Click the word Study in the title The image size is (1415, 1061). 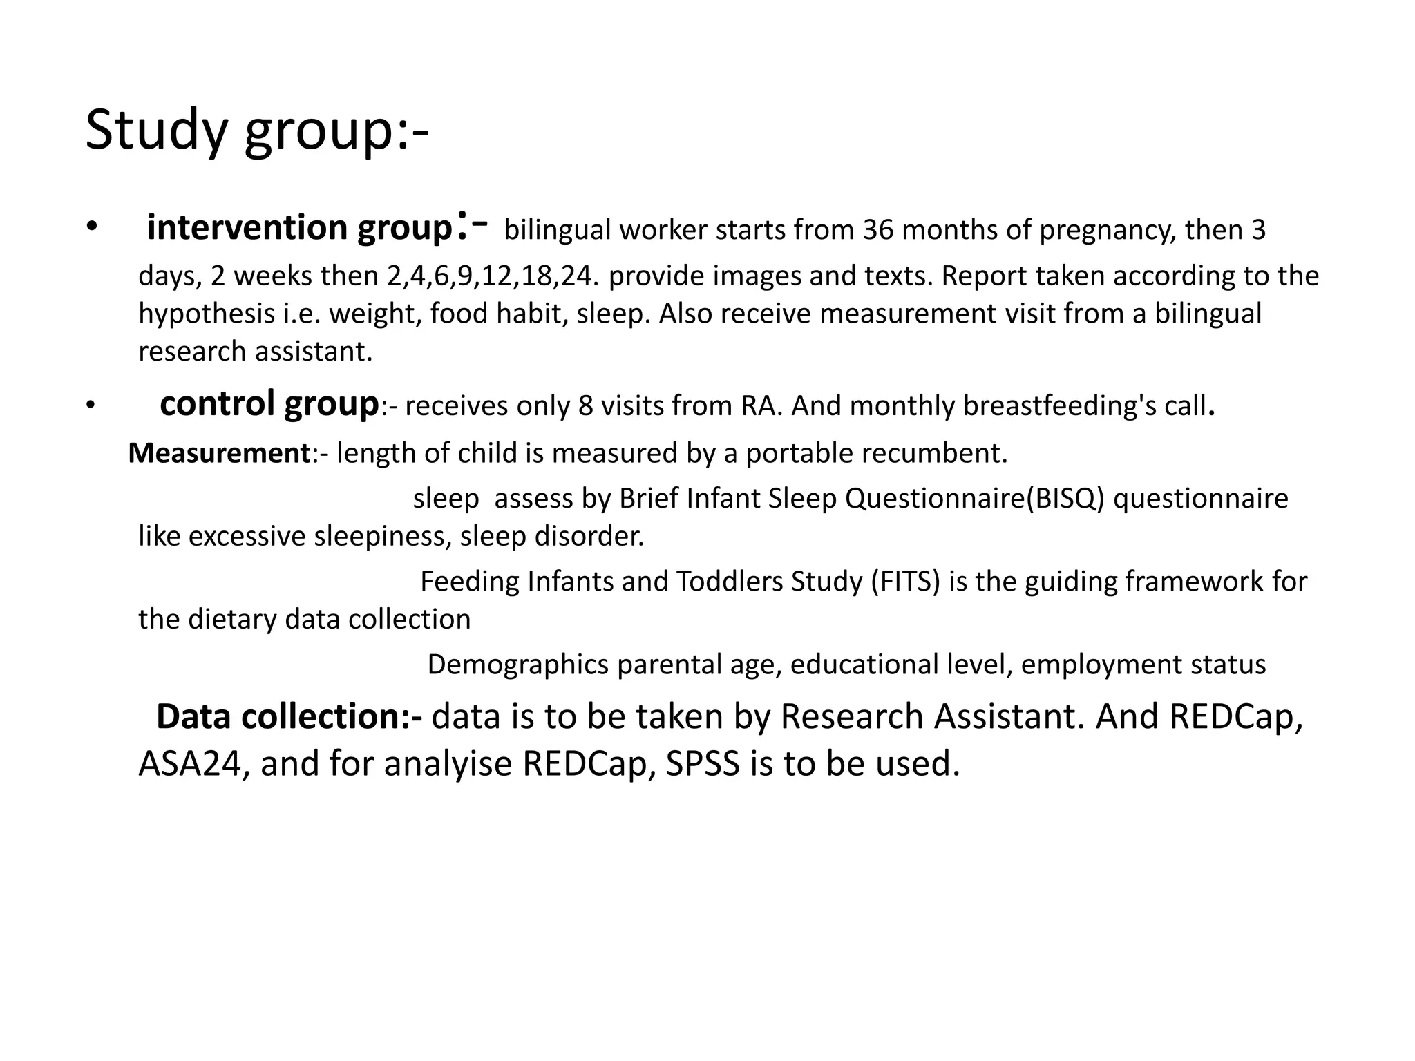coord(155,131)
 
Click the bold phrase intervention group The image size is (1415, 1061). coord(298,228)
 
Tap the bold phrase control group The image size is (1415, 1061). coord(269,403)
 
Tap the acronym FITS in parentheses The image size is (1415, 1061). coord(906,582)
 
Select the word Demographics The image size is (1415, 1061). coord(517,665)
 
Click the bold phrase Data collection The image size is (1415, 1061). coord(288,717)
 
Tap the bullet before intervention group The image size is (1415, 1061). coord(92,229)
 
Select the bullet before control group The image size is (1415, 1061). coord(91,407)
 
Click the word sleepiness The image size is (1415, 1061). coord(382,537)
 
